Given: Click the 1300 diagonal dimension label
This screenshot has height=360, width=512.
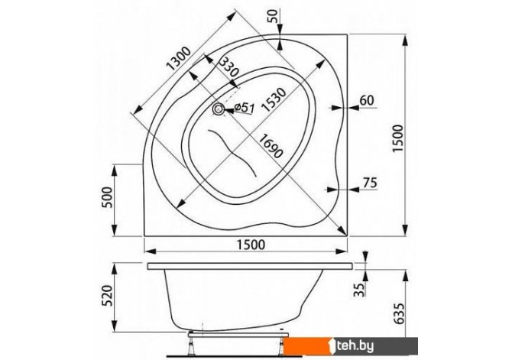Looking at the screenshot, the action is click(178, 59).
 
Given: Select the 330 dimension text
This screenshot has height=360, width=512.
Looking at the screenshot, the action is click(229, 67).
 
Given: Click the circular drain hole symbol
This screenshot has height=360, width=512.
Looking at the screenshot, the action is click(218, 109).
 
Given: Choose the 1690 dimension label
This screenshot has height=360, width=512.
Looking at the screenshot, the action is click(270, 146).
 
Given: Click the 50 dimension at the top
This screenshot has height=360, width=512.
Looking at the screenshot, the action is click(274, 16).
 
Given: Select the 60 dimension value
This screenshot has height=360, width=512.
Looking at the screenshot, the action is click(367, 100).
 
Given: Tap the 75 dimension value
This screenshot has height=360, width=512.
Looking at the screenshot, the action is click(369, 182).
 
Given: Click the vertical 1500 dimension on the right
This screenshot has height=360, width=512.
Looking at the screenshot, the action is click(398, 138).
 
